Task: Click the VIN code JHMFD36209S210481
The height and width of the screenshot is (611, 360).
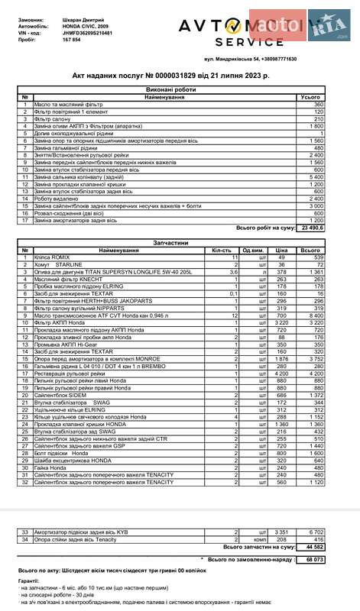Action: coord(73,34)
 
